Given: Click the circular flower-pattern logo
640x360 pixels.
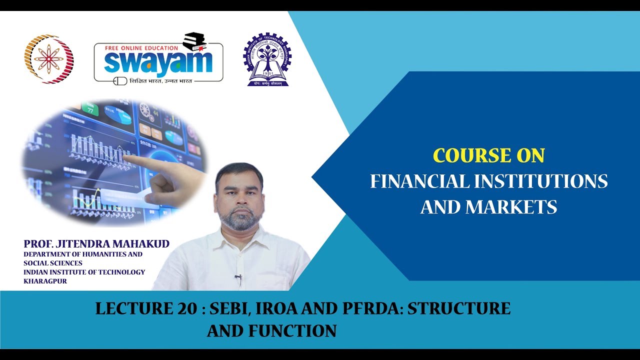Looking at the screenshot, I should (x=49, y=59).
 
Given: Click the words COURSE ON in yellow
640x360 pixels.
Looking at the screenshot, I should (x=488, y=156).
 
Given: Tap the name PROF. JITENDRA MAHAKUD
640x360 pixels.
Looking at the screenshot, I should (x=96, y=244).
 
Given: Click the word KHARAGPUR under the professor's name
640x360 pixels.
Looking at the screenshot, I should (x=45, y=281).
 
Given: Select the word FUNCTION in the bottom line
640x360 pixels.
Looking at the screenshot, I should (x=292, y=331).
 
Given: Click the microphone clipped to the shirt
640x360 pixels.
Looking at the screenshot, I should (x=238, y=276).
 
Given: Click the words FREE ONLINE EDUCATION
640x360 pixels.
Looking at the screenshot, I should (x=141, y=48).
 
